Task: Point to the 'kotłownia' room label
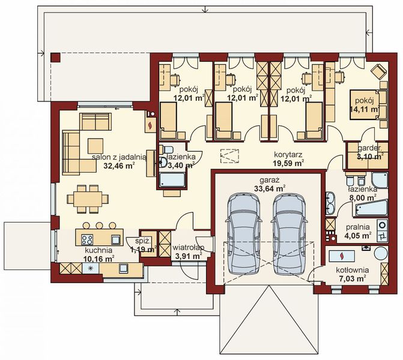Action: (x=353, y=270)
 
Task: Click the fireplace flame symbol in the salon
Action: (x=148, y=125)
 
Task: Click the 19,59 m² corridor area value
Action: (x=287, y=161)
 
